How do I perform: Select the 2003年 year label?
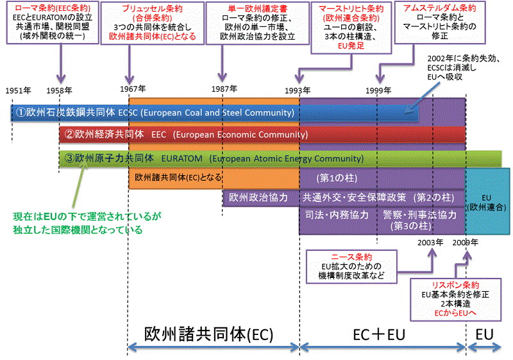coord(430,242)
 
